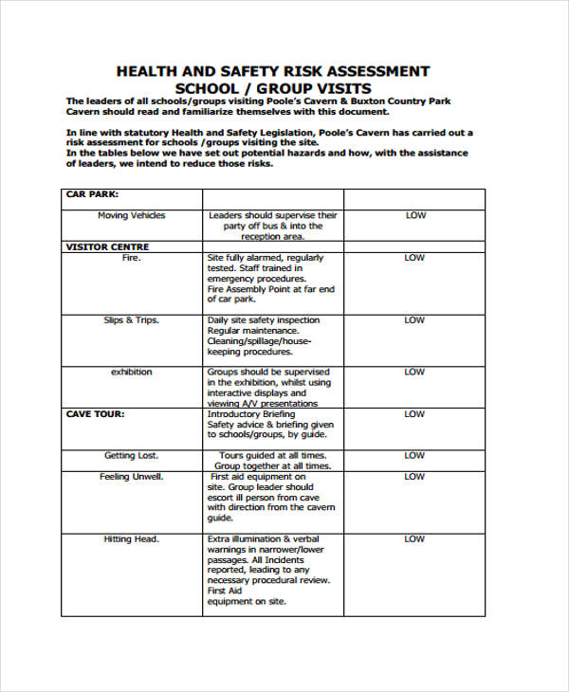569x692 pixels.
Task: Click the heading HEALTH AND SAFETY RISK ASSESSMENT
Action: coord(272,71)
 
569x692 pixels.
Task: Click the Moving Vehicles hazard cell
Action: coord(131,215)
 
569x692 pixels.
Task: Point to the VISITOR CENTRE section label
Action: coord(107,247)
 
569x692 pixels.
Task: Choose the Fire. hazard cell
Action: coord(131,258)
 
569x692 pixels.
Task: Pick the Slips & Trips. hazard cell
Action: coord(131,320)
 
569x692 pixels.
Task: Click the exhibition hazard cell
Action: coord(131,373)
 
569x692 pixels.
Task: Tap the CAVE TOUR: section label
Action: coord(95,414)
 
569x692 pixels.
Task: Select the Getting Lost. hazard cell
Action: coord(131,456)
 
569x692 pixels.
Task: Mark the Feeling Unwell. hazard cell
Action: coord(131,477)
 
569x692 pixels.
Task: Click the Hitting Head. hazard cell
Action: coord(131,539)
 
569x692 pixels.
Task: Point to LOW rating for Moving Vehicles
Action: coord(415,215)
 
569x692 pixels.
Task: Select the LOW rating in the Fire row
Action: coord(415,258)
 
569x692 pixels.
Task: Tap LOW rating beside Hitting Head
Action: coord(415,539)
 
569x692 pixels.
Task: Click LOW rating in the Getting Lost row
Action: coord(415,456)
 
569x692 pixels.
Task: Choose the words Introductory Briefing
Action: coord(251,414)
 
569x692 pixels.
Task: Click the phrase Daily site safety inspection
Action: coord(264,320)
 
